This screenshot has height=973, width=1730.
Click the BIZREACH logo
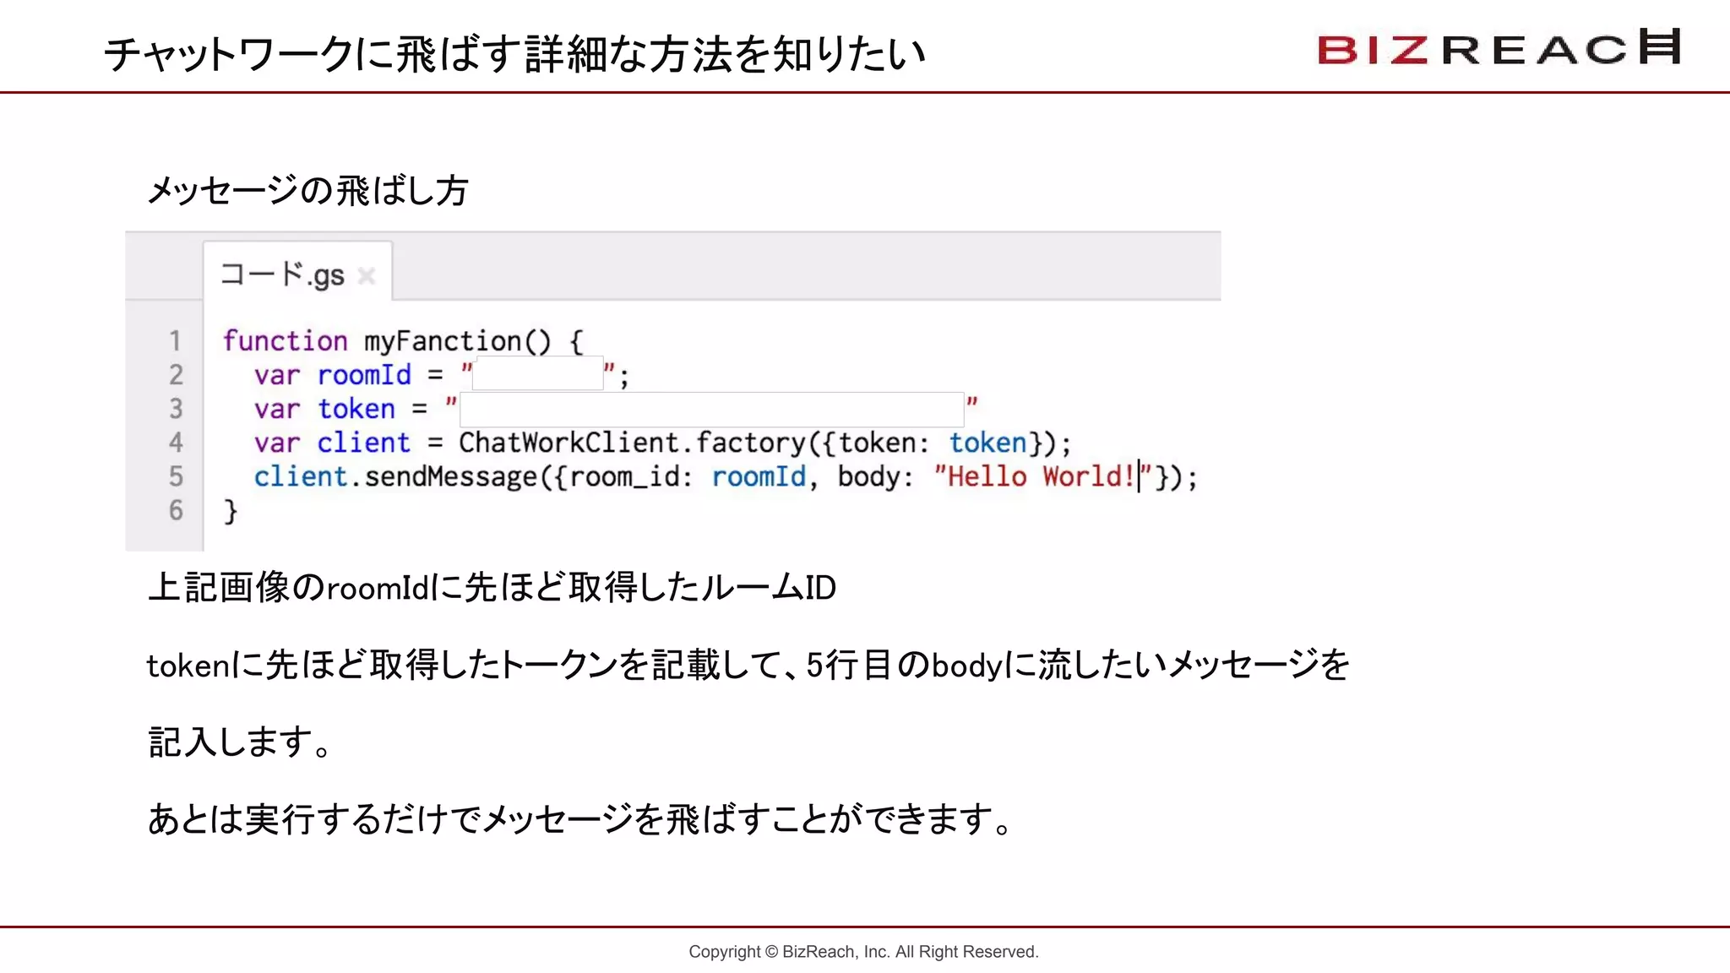(1499, 48)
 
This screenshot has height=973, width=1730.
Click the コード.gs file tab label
(282, 275)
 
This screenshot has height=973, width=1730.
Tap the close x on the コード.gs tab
(366, 276)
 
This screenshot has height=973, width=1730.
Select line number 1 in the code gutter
(175, 341)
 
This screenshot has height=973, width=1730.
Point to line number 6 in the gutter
(175, 510)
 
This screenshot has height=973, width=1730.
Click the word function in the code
(285, 341)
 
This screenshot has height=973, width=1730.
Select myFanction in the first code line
(443, 341)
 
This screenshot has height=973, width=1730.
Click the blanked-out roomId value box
(537, 373)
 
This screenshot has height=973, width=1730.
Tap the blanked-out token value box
(711, 409)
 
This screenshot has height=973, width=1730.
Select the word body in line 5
(868, 476)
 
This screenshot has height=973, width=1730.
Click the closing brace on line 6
(231, 511)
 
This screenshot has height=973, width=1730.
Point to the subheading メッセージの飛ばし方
(307, 190)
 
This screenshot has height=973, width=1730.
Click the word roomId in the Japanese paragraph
(378, 588)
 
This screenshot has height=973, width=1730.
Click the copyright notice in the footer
(863, 952)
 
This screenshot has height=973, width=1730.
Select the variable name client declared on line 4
(363, 443)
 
